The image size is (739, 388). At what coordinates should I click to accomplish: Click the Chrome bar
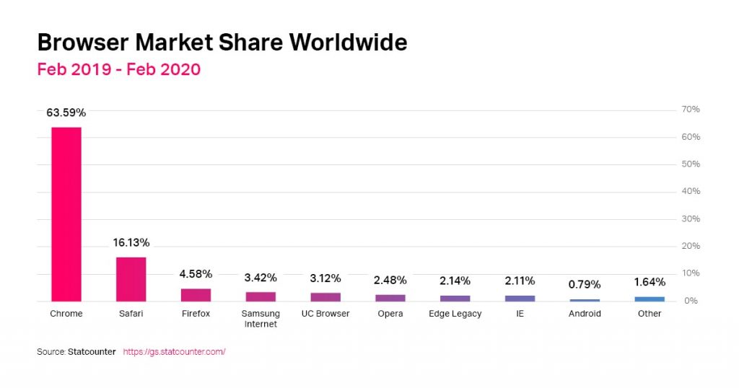click(x=66, y=214)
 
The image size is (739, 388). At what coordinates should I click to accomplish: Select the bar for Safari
click(x=131, y=279)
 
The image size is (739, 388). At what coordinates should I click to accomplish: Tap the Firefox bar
click(x=196, y=295)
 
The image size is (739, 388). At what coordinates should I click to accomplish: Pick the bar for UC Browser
click(x=325, y=297)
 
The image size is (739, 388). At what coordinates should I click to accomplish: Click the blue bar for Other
click(x=650, y=299)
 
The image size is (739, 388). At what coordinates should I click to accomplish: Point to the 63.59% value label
click(x=66, y=113)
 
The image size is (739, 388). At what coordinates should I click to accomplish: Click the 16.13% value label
click(x=131, y=243)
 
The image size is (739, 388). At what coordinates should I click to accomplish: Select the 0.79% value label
click(x=585, y=284)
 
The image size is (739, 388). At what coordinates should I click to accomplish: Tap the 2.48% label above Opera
click(x=390, y=280)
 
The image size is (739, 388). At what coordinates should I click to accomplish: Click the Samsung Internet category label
click(x=261, y=319)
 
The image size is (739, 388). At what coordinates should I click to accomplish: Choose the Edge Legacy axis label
click(x=455, y=314)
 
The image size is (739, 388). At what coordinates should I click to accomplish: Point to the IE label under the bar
click(x=520, y=314)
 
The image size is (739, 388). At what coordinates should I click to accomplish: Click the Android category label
click(x=585, y=314)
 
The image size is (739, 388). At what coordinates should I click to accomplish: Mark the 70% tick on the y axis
click(x=691, y=110)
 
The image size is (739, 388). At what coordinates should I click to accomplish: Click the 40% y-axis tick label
click(x=691, y=191)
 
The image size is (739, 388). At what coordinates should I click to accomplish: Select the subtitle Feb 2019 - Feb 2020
click(x=118, y=70)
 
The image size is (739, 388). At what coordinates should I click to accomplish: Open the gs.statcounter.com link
click(x=174, y=352)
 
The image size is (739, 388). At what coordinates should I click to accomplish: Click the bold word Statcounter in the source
click(x=92, y=352)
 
